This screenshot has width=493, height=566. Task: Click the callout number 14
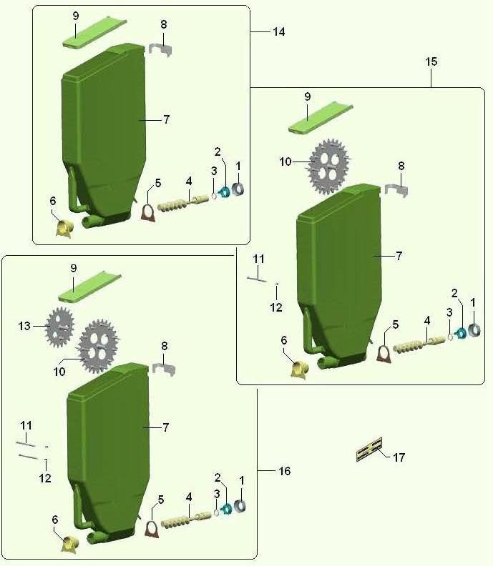click(278, 31)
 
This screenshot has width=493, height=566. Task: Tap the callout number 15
click(431, 61)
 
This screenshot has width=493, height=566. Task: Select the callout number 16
click(285, 471)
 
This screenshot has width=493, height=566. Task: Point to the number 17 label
click(399, 457)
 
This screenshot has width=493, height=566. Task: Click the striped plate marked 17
click(369, 450)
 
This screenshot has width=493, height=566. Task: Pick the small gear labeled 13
click(60, 327)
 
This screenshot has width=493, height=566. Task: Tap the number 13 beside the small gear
click(24, 327)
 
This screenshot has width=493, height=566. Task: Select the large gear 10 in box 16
click(97, 346)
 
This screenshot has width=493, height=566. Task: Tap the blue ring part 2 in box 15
click(461, 333)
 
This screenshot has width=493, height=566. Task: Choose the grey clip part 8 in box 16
click(164, 369)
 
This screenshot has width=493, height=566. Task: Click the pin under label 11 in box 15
click(257, 279)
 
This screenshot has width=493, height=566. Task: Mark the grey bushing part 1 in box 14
click(238, 189)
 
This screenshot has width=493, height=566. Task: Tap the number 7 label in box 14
click(166, 119)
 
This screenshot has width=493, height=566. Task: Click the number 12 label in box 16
click(45, 478)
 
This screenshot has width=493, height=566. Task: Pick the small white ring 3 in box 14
click(213, 195)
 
